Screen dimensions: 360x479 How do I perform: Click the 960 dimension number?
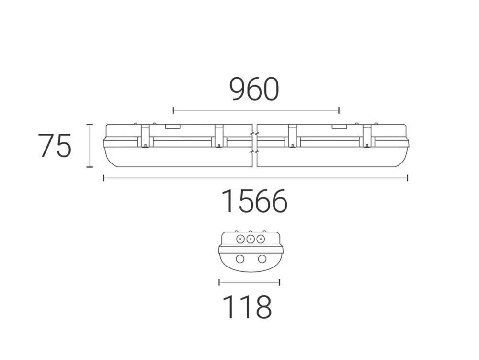pos(254,90)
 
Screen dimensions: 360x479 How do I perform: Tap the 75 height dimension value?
pos(55,146)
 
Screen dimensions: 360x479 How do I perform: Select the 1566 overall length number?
pos(254,202)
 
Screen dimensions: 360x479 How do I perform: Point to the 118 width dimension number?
pos(247,307)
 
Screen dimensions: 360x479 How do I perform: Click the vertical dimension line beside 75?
pos(89,146)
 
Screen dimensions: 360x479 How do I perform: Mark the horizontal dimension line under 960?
pos(256,111)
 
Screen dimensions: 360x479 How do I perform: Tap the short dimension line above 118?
pos(249,282)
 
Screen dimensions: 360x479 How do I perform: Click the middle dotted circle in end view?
pos(250,239)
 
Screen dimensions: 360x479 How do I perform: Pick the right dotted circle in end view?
pos(261,239)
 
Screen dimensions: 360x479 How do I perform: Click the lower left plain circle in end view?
pos(240,259)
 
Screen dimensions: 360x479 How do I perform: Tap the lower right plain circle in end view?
pos(262,259)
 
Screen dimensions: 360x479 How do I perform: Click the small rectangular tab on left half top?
pos(172,127)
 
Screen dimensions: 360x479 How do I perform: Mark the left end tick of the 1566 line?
pos(104,178)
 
